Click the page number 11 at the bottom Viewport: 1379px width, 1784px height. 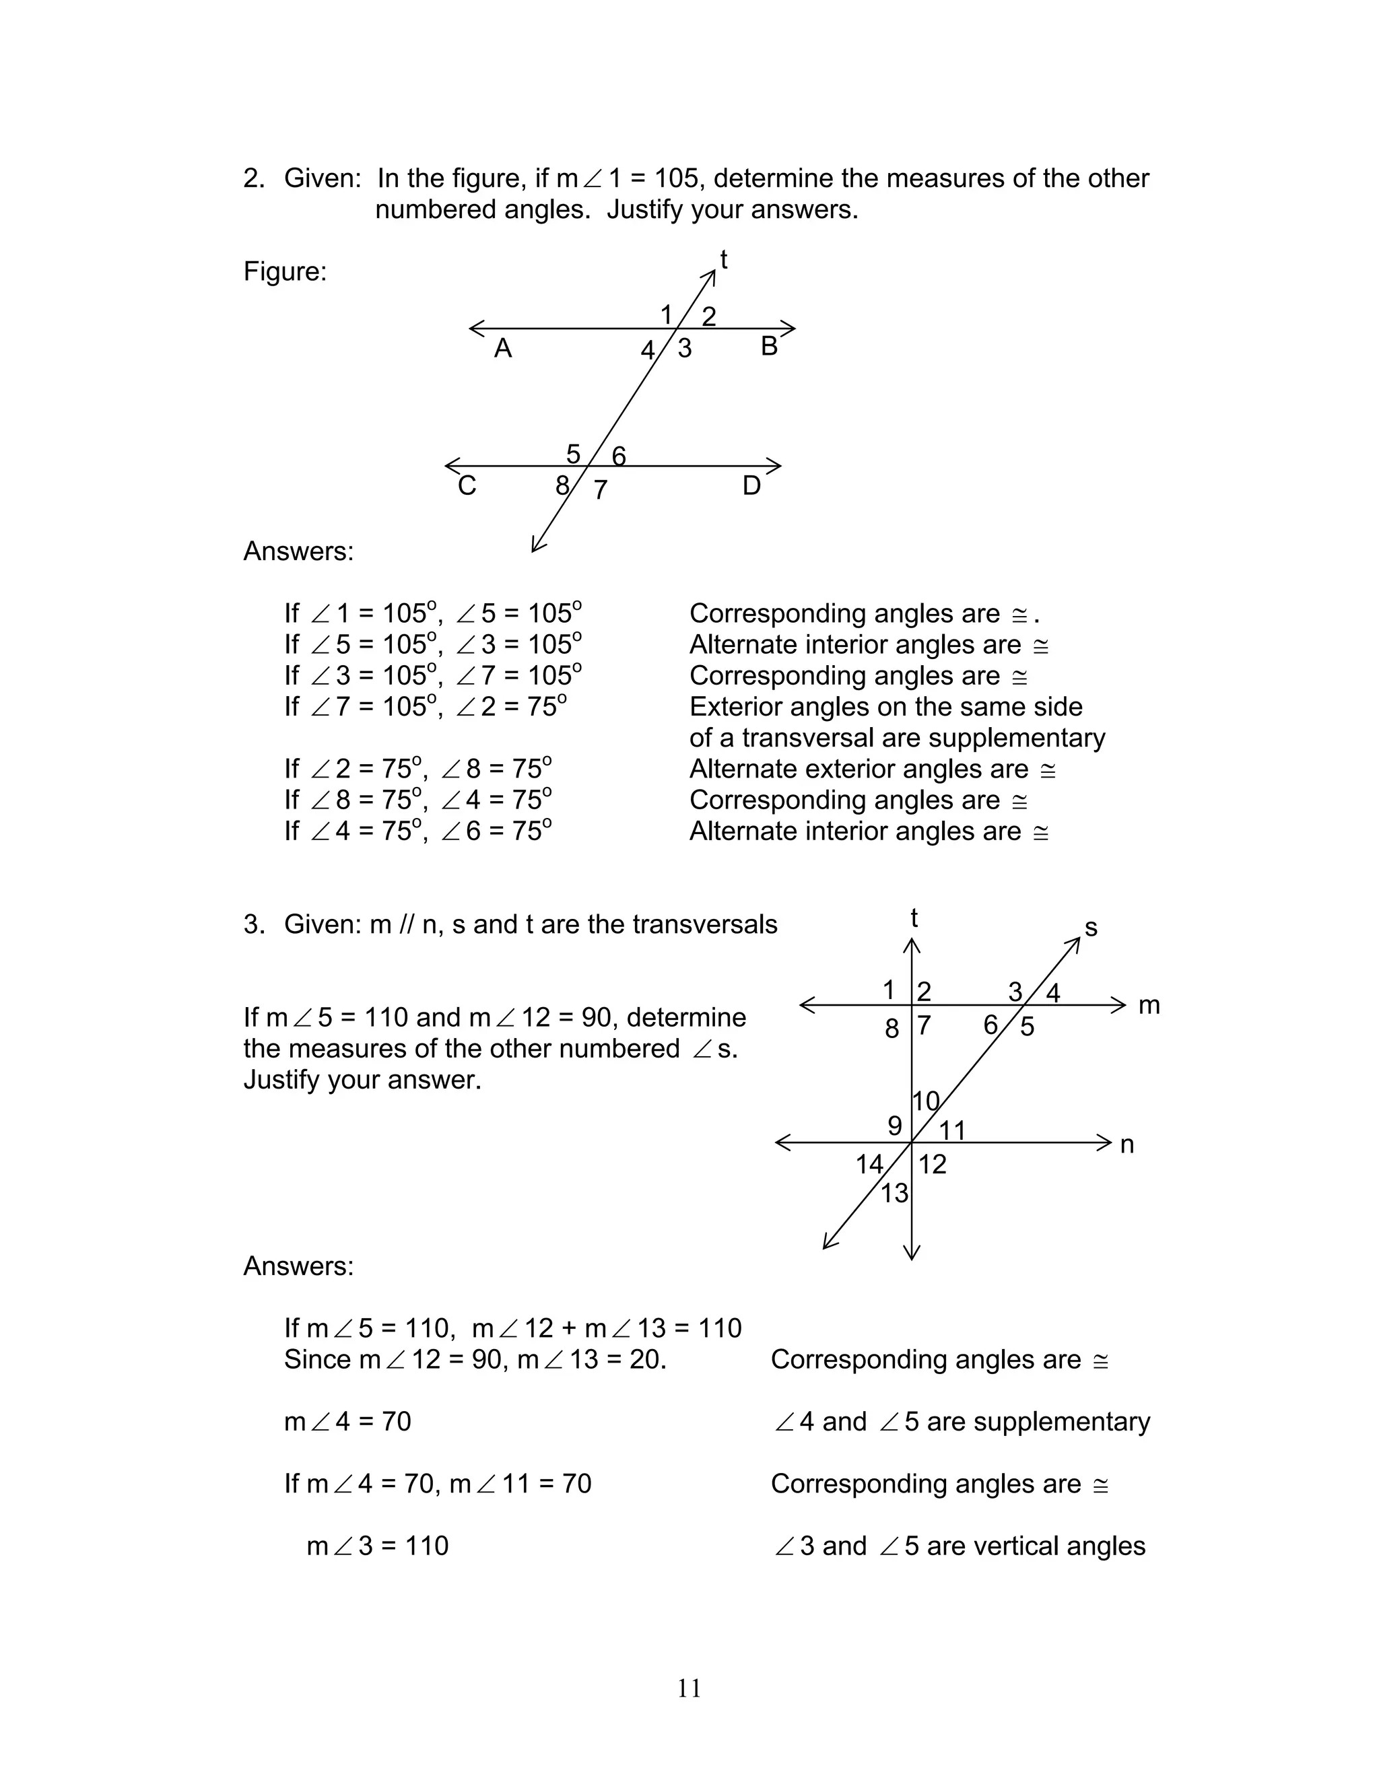(x=689, y=1688)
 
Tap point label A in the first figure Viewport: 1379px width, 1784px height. (x=502, y=349)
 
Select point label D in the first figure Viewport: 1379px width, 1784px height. (x=751, y=486)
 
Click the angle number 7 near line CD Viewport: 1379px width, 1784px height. (x=601, y=490)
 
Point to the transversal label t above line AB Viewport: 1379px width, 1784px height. (x=723, y=260)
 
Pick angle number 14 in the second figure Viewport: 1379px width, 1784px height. (x=869, y=1164)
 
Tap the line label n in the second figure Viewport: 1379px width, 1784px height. (x=1126, y=1145)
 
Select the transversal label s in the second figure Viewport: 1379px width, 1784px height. (x=1091, y=928)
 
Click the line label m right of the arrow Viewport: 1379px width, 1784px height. (x=1149, y=1006)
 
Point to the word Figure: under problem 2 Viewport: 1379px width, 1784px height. (x=284, y=271)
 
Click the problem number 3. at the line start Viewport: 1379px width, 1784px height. (x=254, y=925)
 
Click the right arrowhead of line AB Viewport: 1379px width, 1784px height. (x=790, y=329)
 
